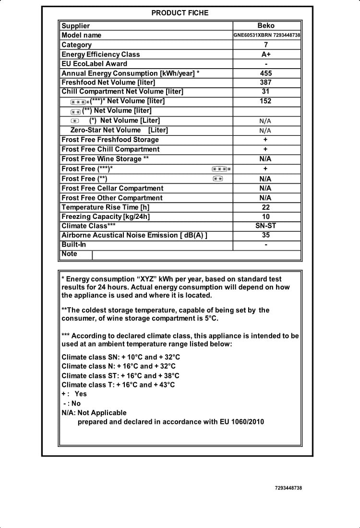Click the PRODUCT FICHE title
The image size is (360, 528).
tap(180, 13)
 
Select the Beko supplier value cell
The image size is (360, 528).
tap(266, 26)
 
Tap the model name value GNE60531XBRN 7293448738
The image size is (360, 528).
tap(267, 35)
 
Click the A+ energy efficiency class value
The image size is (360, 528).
tap(266, 54)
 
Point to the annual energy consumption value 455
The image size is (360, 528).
tap(266, 73)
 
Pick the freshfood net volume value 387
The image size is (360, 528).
tap(266, 83)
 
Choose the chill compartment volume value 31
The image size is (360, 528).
tap(266, 91)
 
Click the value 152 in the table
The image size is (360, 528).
tap(266, 101)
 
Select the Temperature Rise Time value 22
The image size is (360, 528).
tap(266, 207)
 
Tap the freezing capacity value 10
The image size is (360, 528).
tap(266, 216)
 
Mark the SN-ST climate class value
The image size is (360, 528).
tap(266, 226)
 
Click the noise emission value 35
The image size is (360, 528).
tap(266, 235)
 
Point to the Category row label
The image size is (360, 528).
tap(77, 45)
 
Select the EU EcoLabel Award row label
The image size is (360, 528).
tap(95, 63)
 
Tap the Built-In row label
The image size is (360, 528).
tap(74, 244)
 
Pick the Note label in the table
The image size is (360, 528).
tap(70, 253)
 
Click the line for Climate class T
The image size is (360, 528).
tap(118, 384)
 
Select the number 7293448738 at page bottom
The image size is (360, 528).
tap(288, 488)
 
